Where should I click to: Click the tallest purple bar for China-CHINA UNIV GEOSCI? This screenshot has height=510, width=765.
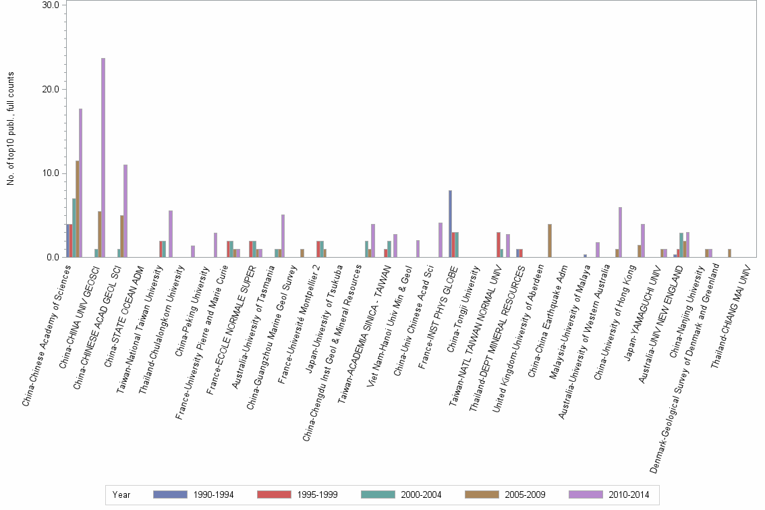point(103,158)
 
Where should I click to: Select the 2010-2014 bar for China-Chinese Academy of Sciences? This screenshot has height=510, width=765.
point(81,183)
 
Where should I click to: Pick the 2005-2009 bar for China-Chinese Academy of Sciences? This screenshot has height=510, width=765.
point(78,209)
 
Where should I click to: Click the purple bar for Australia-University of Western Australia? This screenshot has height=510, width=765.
point(620,232)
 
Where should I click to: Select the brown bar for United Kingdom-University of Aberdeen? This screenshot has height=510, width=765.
point(550,240)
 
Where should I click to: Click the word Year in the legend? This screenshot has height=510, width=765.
point(121,495)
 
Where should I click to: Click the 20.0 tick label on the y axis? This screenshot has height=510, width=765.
point(51,89)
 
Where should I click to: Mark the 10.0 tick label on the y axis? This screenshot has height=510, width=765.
point(51,173)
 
